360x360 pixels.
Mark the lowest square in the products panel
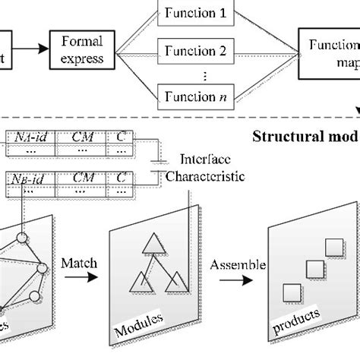289,292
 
